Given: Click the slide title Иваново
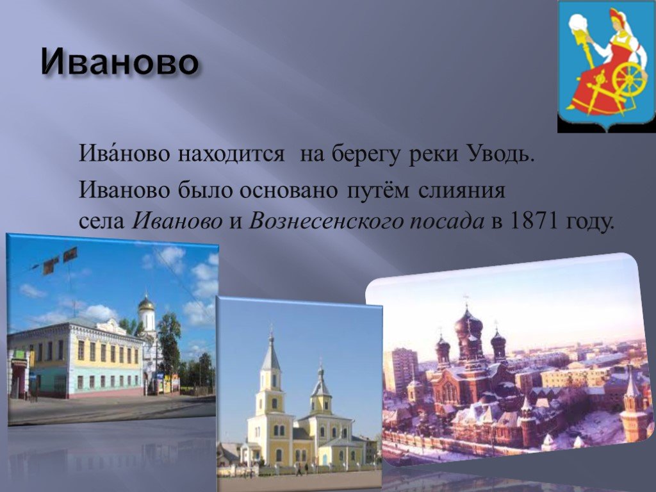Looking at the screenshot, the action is [120, 63].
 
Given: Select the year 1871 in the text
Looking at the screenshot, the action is [533, 221].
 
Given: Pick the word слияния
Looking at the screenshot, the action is [463, 190].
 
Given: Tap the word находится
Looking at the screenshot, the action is [231, 154].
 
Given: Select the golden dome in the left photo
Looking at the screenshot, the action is [147, 303].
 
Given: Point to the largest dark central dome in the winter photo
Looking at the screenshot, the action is [468, 323].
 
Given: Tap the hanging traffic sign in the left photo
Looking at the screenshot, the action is [70, 254].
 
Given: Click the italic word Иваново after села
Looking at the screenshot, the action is [177, 221].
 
